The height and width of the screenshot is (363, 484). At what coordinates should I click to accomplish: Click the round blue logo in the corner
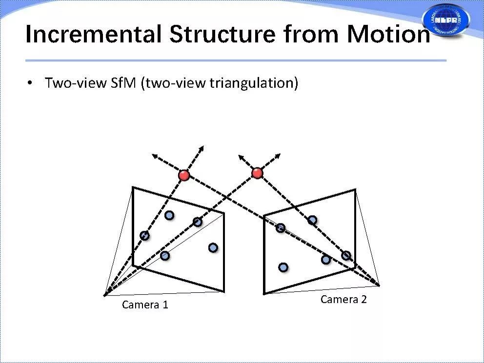445,20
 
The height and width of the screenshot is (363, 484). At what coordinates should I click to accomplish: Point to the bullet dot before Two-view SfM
30,83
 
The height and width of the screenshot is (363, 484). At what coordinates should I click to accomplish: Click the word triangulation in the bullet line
254,83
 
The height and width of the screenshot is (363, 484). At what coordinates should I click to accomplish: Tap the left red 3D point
184,175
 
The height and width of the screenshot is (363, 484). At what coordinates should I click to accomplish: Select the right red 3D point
257,173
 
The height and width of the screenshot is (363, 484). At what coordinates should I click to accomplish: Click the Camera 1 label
145,305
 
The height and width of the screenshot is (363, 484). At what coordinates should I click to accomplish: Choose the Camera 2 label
343,300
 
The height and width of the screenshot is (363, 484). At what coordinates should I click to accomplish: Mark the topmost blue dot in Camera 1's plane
169,215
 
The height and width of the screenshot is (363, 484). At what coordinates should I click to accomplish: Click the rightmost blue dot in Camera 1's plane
213,248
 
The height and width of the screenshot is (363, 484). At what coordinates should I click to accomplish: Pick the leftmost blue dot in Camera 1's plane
144,236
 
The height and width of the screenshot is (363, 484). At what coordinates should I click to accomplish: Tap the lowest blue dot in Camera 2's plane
283,267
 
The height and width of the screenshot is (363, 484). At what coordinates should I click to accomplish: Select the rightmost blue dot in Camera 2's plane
346,255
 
